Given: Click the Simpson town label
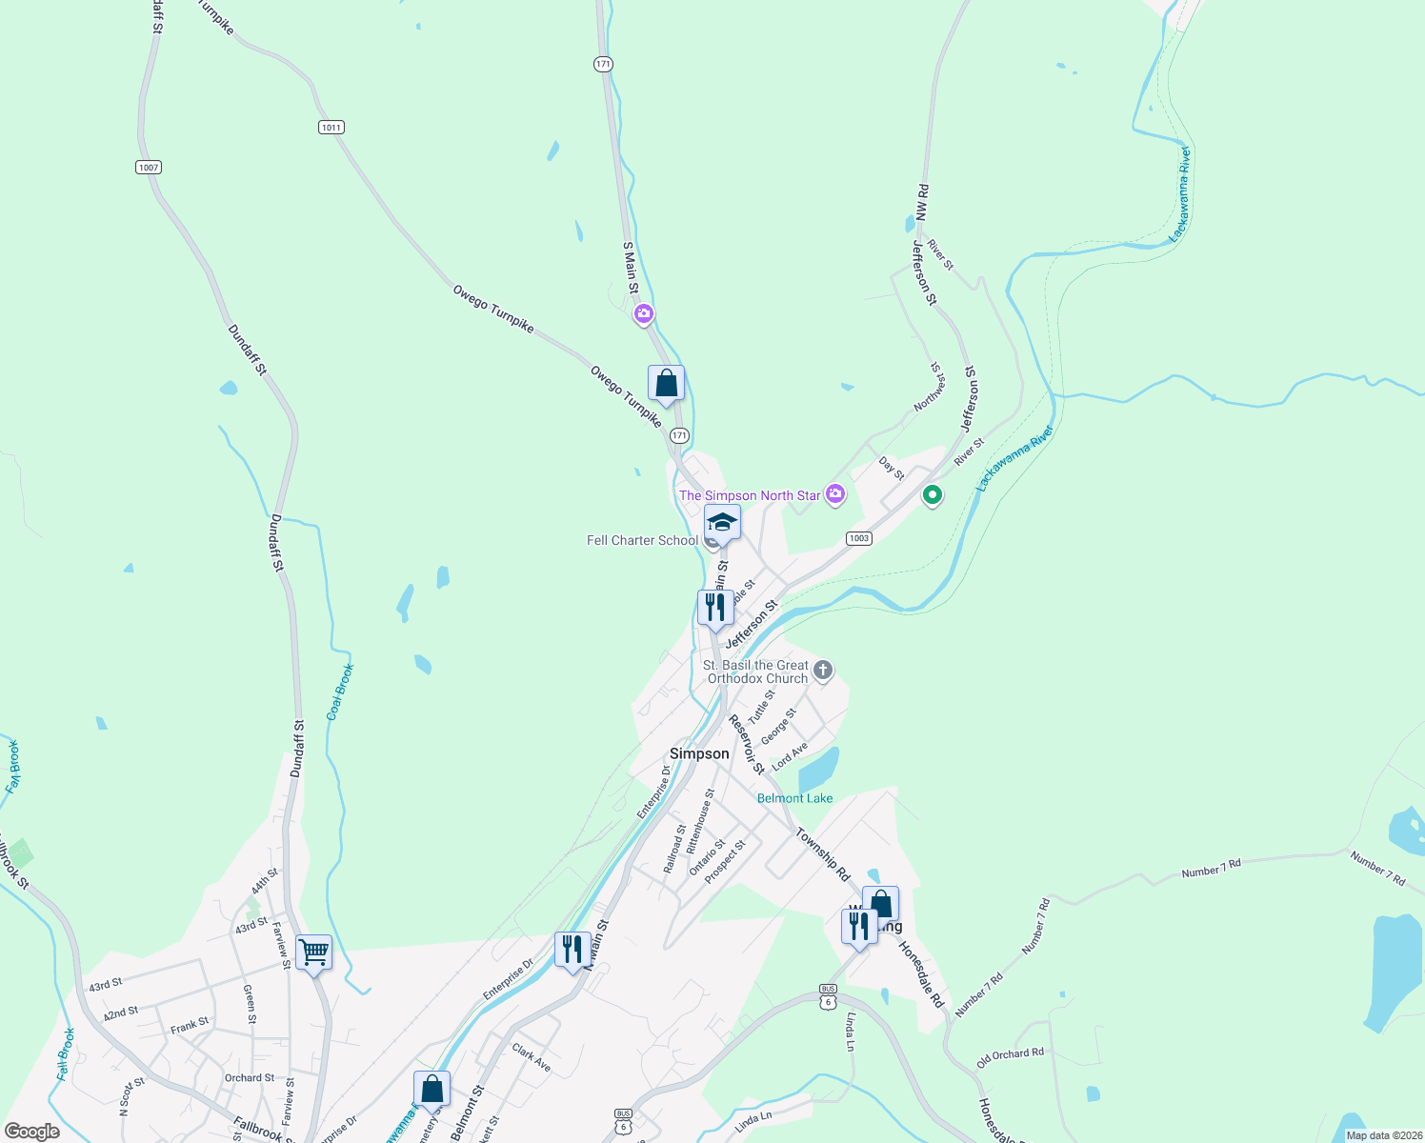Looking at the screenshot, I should [699, 753].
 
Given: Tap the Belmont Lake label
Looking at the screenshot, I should [794, 798].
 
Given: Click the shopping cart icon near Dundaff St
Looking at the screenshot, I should [313, 952].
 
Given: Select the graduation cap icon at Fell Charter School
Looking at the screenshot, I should [722, 523].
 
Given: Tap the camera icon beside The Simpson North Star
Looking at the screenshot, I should [835, 493].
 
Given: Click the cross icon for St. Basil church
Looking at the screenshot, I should [823, 671].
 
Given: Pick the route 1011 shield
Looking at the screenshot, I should [331, 128].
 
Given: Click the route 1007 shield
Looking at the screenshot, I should [148, 168].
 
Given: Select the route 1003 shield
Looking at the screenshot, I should [859, 538].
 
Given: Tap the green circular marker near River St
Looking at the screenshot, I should [933, 494].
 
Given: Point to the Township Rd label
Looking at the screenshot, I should [823, 854].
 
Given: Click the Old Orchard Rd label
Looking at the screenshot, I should [1011, 1056].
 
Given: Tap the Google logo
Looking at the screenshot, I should [32, 1132].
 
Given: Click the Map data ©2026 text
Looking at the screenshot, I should [1381, 1135].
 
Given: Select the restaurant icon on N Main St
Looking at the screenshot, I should [572, 950].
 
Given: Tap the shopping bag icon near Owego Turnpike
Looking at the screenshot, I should [666, 384].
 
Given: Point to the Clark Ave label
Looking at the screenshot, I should [532, 1056].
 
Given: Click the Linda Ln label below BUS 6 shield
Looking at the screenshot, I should [850, 1033].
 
